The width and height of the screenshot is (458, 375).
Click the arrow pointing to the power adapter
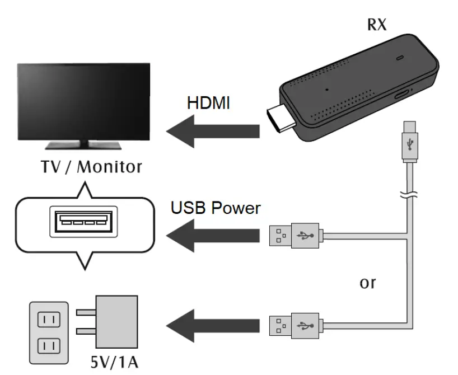213,326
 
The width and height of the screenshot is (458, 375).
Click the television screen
83,101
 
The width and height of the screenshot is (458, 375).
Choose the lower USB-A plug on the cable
294,326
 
